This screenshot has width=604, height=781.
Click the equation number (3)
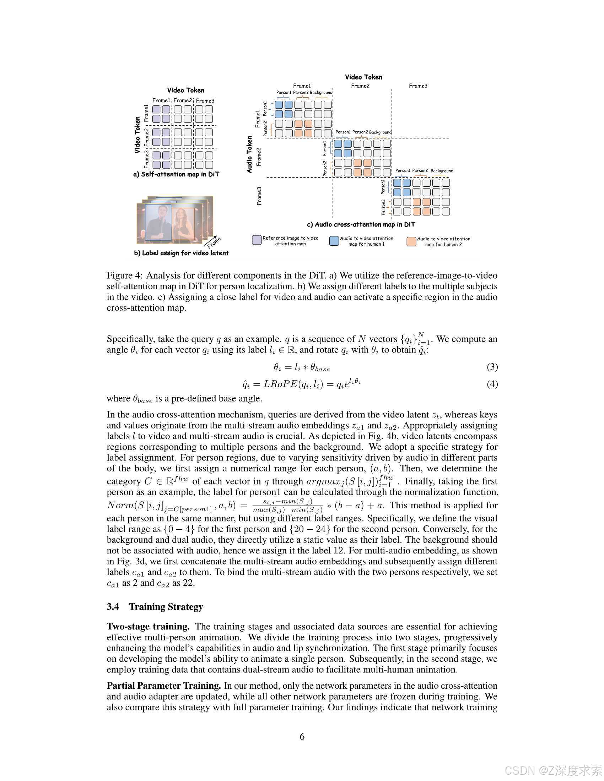point(492,367)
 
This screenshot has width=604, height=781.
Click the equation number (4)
point(492,384)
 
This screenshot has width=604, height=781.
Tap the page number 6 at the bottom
point(302,737)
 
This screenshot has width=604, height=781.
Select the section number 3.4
point(113,607)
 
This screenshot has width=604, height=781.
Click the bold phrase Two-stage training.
point(148,627)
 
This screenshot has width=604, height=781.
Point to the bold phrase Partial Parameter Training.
point(163,686)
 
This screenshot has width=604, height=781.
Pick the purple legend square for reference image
point(257,240)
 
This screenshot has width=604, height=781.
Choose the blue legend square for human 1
point(334,241)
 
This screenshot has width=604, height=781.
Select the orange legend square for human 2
point(411,241)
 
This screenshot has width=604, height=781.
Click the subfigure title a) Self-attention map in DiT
point(176,175)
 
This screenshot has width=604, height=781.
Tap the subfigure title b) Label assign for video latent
point(181,253)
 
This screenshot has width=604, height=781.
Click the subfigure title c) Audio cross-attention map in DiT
point(361,225)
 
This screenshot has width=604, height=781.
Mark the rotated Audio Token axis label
point(249,154)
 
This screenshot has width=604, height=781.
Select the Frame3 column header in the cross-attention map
point(418,86)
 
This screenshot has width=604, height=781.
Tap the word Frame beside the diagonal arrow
point(214,243)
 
